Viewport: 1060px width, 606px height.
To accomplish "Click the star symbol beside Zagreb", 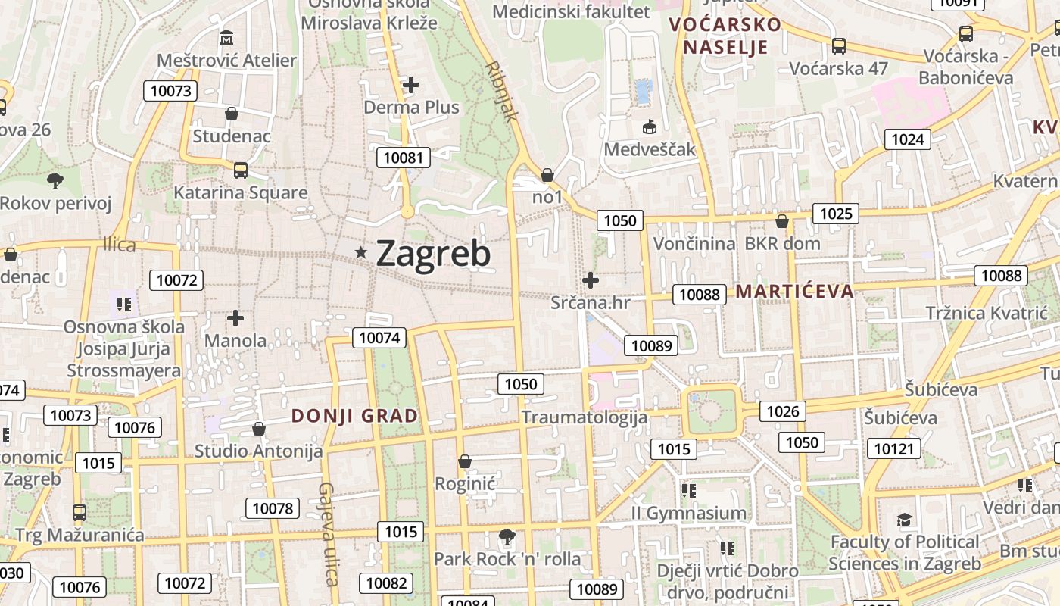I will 361,252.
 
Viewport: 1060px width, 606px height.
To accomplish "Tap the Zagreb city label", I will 433,254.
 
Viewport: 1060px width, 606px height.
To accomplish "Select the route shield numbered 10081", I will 404,158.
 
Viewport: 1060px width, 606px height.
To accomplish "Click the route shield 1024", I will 908,139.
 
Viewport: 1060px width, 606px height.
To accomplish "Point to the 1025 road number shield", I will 836,214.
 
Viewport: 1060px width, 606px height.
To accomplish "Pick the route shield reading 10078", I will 273,508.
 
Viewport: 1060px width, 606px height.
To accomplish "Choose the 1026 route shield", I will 783,411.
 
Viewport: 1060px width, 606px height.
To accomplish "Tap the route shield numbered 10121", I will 893,449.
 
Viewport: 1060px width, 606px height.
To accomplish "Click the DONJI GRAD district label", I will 355,416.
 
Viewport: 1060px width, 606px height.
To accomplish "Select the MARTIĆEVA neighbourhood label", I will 794,292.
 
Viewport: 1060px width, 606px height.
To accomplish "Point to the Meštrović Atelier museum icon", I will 226,37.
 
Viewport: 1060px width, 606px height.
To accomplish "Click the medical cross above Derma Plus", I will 411,85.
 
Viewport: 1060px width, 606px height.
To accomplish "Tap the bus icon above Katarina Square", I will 241,170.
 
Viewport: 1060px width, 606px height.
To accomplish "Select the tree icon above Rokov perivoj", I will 55,181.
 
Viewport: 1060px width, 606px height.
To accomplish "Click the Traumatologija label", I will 585,417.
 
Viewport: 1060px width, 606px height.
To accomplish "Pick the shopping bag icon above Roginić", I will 465,461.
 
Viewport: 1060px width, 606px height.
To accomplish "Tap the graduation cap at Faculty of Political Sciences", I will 904,520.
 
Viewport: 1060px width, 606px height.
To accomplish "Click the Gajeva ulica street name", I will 328,534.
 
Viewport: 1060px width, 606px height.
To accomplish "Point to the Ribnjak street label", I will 500,91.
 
